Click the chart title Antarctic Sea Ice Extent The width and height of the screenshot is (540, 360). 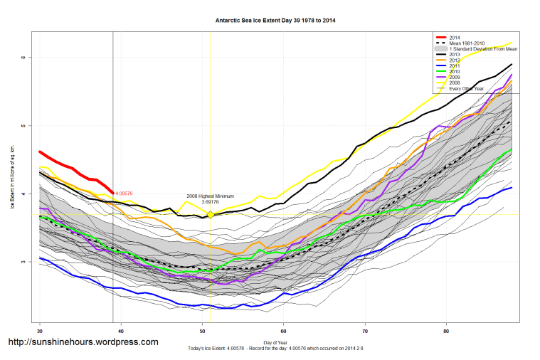275,21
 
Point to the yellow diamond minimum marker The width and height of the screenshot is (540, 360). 211,214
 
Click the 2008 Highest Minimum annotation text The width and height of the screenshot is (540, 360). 210,196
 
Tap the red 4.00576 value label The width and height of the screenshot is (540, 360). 125,193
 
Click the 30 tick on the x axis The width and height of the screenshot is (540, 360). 40,331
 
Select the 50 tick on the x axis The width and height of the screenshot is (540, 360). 203,331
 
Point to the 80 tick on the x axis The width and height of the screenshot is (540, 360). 446,331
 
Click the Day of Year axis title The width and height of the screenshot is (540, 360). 276,342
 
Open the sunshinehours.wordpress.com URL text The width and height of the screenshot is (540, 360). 83,343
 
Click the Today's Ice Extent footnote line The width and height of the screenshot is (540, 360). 275,348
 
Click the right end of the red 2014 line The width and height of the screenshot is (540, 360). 113,192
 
